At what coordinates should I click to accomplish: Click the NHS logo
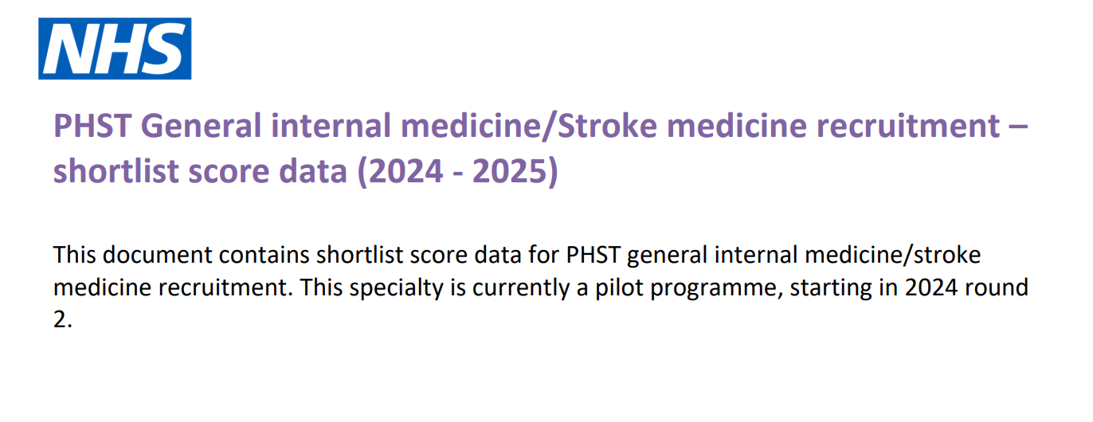tap(115, 49)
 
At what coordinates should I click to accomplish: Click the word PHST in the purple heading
tap(92, 126)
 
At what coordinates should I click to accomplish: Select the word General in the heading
tap(201, 126)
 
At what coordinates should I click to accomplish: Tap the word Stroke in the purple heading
tap(607, 126)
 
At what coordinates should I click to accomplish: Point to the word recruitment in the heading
tap(908, 126)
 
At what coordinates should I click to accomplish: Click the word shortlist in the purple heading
tap(116, 171)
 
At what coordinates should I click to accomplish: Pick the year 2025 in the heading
tap(510, 171)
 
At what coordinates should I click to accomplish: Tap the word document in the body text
tap(158, 255)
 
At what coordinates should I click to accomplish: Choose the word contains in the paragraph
tap(264, 255)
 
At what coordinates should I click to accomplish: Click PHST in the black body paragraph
tap(593, 255)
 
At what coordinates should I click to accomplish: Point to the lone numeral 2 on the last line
tap(60, 319)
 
